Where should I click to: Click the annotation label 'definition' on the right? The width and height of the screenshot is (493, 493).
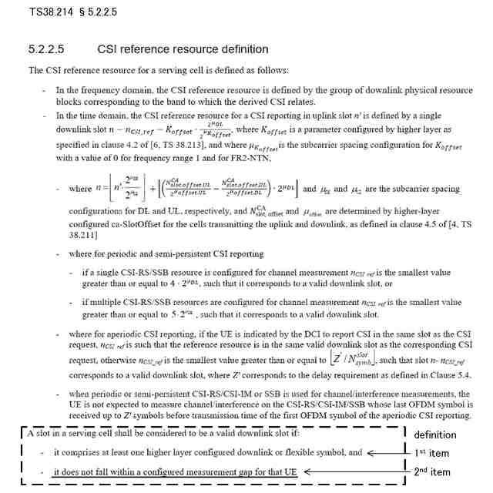(x=436, y=435)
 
